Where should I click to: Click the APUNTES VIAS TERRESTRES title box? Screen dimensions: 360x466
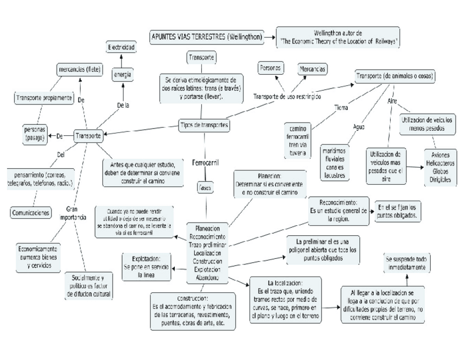tap(206, 37)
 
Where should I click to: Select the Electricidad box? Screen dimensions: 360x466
tap(121, 48)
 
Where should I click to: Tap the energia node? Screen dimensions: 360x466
tap(121, 74)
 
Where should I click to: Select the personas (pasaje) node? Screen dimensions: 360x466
tap(34, 134)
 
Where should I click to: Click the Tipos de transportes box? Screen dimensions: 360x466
tap(204, 125)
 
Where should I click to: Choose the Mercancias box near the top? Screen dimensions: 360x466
tap(312, 69)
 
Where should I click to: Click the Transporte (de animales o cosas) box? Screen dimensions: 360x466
tap(396, 75)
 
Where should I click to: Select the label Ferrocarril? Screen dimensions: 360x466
tap(205, 163)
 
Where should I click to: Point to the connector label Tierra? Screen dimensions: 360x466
tap(341, 107)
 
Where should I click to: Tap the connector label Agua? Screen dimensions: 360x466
tap(359, 126)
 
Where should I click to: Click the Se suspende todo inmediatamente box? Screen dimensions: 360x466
tap(406, 263)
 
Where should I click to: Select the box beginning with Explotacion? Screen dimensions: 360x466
tap(146, 267)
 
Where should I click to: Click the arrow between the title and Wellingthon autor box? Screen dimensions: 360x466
tap(269, 37)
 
